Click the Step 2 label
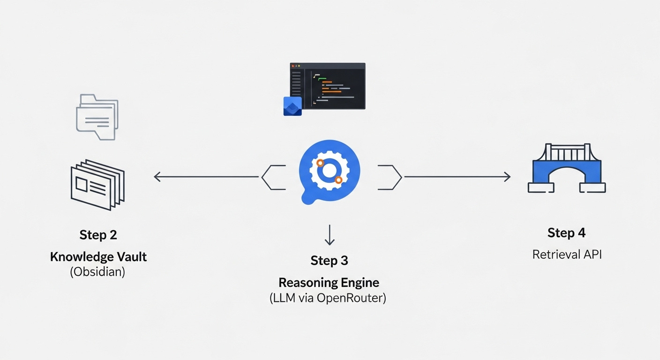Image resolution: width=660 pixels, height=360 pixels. [x=98, y=235]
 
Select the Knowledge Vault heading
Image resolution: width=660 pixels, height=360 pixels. [x=98, y=257]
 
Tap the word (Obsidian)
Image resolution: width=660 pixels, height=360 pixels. [x=97, y=272]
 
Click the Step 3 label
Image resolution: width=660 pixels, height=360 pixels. [x=329, y=261]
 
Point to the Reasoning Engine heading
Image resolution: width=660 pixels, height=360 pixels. [x=329, y=283]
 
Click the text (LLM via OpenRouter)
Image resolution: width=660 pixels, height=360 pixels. [x=328, y=298]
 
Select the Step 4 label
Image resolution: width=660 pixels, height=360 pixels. [x=566, y=233]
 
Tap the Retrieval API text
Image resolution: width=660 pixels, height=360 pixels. [x=567, y=255]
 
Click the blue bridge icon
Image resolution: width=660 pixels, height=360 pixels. [x=566, y=168]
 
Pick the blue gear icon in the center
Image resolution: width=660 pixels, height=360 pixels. [x=329, y=172]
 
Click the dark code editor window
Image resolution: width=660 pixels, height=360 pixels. [x=328, y=86]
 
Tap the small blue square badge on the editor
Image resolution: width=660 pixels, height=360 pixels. [x=292, y=106]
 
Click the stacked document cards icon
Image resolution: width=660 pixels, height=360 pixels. [x=97, y=184]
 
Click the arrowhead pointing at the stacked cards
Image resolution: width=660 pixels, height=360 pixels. [x=157, y=177]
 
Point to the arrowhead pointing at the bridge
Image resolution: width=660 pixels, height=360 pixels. [x=507, y=177]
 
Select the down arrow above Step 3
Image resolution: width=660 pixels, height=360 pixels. [x=330, y=236]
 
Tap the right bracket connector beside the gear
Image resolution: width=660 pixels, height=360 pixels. [x=390, y=177]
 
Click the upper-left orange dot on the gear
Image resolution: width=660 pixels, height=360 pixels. [x=320, y=163]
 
